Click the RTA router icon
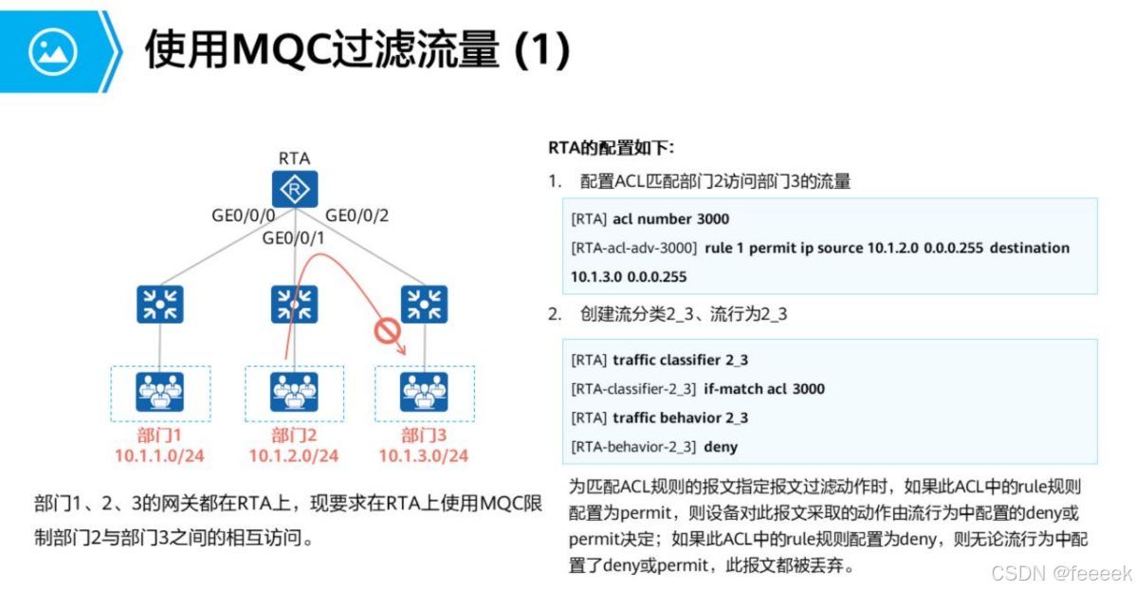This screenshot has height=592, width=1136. [x=295, y=190]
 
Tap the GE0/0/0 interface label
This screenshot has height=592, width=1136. [x=243, y=215]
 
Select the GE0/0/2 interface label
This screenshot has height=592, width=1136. [x=357, y=215]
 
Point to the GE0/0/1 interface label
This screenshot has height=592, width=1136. [x=294, y=237]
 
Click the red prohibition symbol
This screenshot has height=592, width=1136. [x=386, y=331]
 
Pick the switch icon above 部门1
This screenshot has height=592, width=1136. [x=159, y=305]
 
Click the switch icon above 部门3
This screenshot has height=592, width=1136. [x=424, y=305]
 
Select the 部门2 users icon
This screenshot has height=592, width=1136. [x=293, y=391]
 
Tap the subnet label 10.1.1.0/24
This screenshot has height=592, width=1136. [x=159, y=456]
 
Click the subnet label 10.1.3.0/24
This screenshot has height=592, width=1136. [x=423, y=456]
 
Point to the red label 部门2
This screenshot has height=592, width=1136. [x=293, y=435]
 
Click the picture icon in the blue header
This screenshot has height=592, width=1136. [x=52, y=51]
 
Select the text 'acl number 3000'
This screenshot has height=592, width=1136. [x=670, y=219]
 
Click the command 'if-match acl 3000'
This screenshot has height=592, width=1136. [x=764, y=389]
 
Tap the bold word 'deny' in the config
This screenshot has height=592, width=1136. [x=722, y=446]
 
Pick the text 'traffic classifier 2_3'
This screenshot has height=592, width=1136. [x=680, y=361]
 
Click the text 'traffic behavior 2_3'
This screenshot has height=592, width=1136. [x=680, y=417]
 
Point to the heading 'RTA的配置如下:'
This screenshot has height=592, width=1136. [x=611, y=148]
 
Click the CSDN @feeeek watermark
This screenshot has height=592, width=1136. [x=1061, y=573]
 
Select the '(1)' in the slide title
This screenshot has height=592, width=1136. [x=541, y=51]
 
